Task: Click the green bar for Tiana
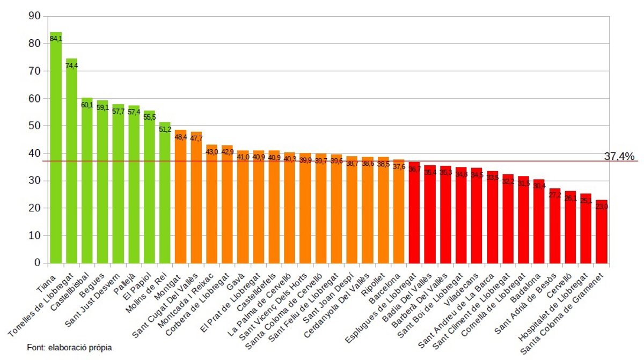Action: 56,150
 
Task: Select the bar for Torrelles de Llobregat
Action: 71,161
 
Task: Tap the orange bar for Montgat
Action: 181,199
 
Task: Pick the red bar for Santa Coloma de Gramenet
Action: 602,233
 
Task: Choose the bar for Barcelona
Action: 399,212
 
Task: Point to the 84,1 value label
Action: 56,39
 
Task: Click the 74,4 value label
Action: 71,65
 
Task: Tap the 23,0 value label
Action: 602,207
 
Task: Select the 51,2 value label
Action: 165,129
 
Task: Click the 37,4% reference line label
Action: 619,156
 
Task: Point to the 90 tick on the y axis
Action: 34,16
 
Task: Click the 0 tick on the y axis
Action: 38,263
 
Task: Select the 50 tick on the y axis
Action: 34,126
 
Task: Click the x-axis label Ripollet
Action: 375,282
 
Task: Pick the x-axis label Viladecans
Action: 465,287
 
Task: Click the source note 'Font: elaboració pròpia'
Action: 69,348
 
